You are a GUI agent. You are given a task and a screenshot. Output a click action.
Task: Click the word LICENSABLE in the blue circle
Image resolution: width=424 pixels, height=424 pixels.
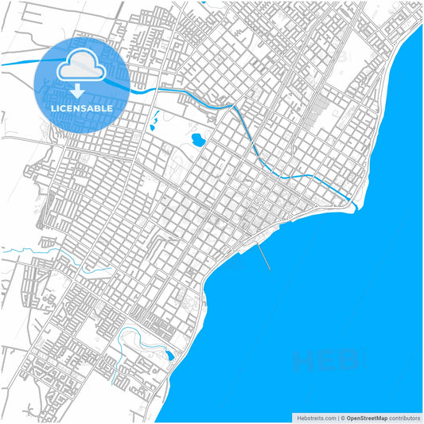pyautogui.click(x=81, y=107)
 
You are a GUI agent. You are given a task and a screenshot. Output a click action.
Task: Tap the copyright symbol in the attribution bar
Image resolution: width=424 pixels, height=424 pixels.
pyautogui.click(x=342, y=417)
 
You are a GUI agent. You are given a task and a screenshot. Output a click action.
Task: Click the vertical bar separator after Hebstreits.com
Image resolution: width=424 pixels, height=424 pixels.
pyautogui.click(x=336, y=417)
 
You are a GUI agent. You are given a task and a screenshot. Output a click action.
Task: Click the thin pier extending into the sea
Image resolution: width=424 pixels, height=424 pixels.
pyautogui.click(x=263, y=255)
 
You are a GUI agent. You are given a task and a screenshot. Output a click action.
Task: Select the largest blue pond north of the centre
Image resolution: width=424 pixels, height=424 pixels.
pyautogui.click(x=196, y=141)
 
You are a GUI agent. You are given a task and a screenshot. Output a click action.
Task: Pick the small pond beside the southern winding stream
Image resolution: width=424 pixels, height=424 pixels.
pyautogui.click(x=169, y=356)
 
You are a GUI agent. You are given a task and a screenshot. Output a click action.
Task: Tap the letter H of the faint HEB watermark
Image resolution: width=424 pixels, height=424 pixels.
pyautogui.click(x=301, y=363)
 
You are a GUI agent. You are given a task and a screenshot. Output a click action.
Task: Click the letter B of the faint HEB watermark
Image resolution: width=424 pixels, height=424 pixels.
pyautogui.click(x=348, y=363)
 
